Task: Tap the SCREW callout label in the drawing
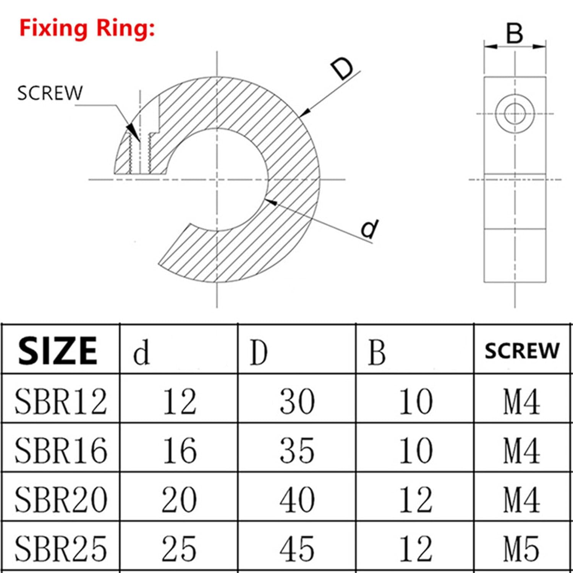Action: (50, 93)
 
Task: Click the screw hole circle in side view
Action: (515, 113)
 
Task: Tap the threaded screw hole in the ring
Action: (140, 152)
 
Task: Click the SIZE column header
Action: (57, 350)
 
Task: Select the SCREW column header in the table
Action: (522, 351)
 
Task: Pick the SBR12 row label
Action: (61, 401)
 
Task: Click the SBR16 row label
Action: (61, 450)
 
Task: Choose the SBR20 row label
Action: (61, 499)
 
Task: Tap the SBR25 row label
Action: (61, 548)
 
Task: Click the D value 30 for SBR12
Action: (298, 401)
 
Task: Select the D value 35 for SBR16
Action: (298, 450)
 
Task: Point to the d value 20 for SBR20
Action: (179, 499)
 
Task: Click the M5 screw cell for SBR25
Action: (522, 548)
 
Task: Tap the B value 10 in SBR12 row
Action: (416, 401)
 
